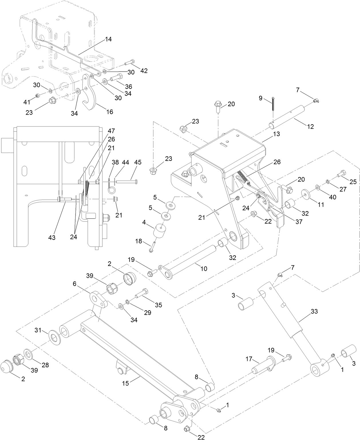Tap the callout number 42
coord(144,71)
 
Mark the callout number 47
coord(111,131)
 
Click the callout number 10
coord(204,269)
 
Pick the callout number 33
coord(314,311)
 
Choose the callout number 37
coord(299,222)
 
